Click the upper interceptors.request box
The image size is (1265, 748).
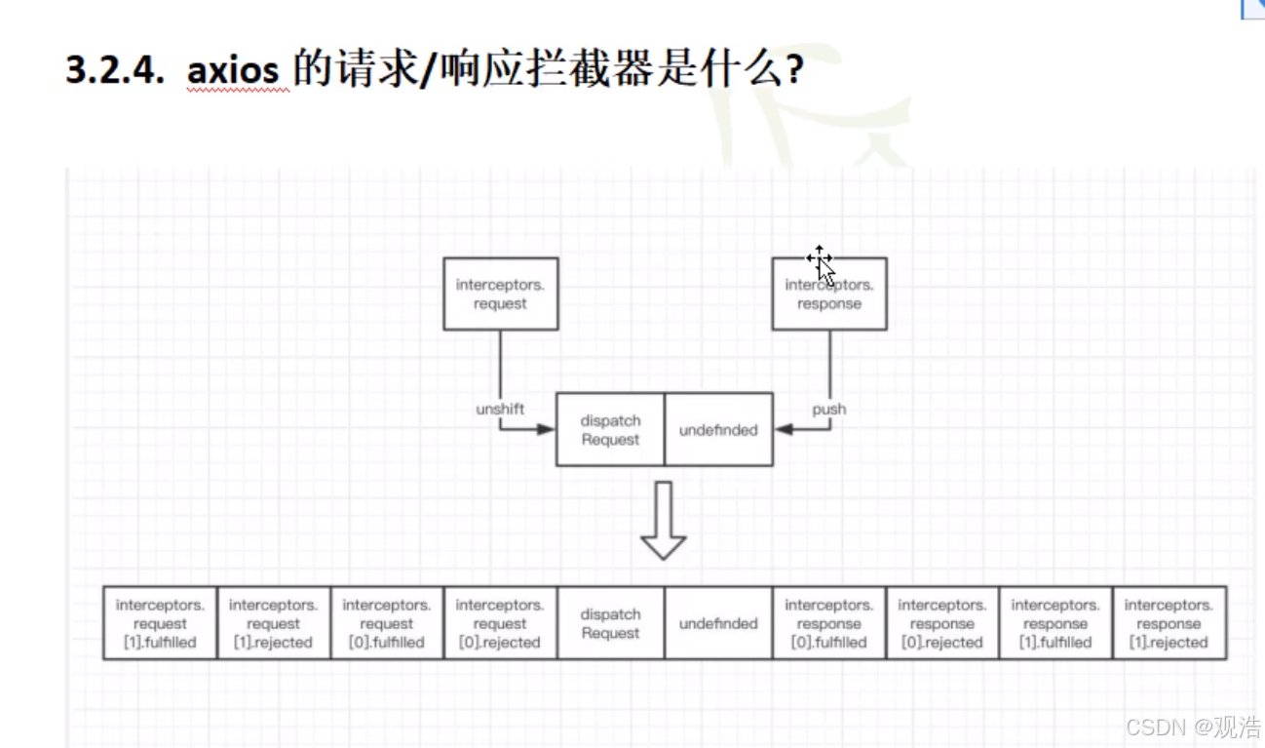pos(501,294)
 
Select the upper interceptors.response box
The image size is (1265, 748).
pos(829,294)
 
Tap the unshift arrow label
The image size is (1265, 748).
pos(500,410)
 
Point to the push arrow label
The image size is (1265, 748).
pos(829,410)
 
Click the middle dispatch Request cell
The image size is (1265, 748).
pos(610,430)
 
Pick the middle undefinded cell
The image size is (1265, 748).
pos(718,430)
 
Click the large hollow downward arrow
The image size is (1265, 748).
pos(664,521)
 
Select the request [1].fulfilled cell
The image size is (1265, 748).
pos(161,623)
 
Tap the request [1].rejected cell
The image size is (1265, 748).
pos(274,623)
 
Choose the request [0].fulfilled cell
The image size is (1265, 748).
pos(387,623)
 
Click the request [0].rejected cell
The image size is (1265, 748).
pos(500,623)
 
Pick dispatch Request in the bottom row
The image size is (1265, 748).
pos(610,623)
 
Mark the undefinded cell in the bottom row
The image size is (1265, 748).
pos(718,623)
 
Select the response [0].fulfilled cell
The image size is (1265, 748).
pos(829,623)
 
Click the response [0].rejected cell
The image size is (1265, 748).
pos(942,623)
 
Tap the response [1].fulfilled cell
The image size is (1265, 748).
pos(1055,623)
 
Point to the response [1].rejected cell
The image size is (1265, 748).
pos(1169,623)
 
